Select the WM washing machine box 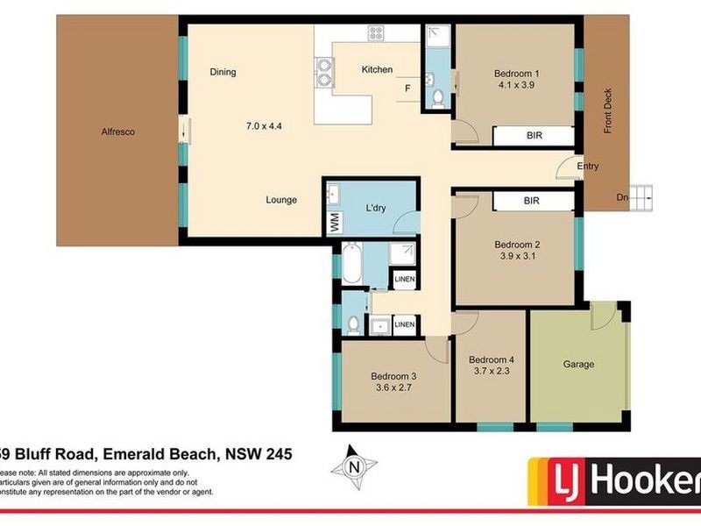(x=334, y=223)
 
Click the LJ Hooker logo (x=613, y=480)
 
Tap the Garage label (x=577, y=364)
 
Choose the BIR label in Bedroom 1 (x=533, y=136)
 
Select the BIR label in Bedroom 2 (x=532, y=201)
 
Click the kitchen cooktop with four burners (x=377, y=34)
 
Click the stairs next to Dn (x=643, y=197)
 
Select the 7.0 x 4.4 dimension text (x=265, y=125)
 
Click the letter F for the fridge (x=407, y=89)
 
